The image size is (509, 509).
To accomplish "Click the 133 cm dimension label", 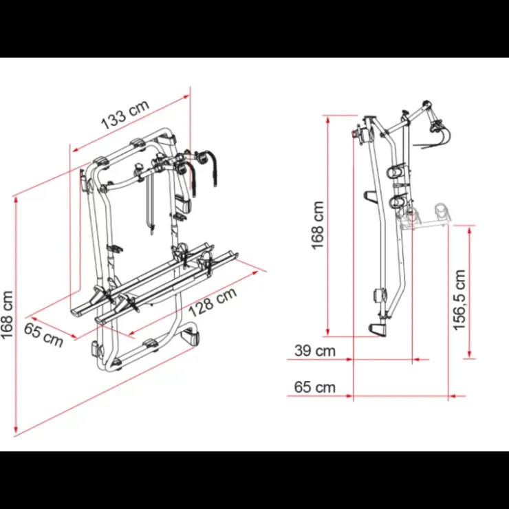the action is click(x=125, y=114).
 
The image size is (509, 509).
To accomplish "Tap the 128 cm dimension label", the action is click(x=213, y=302).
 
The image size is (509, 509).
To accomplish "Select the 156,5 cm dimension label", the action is click(x=459, y=300).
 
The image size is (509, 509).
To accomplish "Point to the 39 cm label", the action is click(x=314, y=351).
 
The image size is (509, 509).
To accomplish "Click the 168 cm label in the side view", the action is click(x=318, y=226).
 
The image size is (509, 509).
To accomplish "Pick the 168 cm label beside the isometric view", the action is click(x=7, y=315).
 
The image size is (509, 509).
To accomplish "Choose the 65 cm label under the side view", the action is click(x=314, y=387).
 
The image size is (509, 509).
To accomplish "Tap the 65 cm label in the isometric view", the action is click(x=43, y=335).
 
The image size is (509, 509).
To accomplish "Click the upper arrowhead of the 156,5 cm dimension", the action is click(x=469, y=230).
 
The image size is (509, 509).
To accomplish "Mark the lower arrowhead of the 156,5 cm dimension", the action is click(x=469, y=354).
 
